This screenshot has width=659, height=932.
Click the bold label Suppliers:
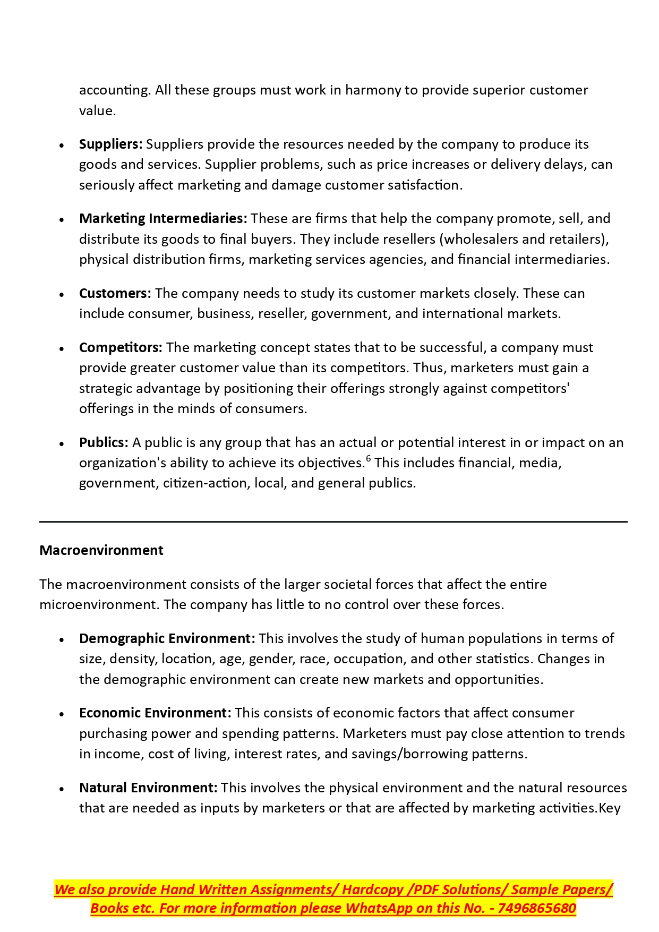point(110,144)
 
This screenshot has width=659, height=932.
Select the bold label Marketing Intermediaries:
point(163,218)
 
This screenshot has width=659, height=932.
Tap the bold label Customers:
point(115,293)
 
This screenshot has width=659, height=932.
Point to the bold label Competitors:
point(121,347)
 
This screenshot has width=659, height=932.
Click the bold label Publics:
point(104,442)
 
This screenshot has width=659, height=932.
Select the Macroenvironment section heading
point(101,550)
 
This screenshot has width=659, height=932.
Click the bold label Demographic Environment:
point(167,638)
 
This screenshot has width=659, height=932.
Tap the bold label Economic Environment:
point(155,713)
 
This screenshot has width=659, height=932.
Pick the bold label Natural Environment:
point(148,788)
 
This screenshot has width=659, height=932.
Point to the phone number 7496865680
point(536,908)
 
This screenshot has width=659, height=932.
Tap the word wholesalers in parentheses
point(481,239)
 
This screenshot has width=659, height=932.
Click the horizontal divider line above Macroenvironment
point(333,522)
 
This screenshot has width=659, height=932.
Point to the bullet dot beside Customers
point(62,294)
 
